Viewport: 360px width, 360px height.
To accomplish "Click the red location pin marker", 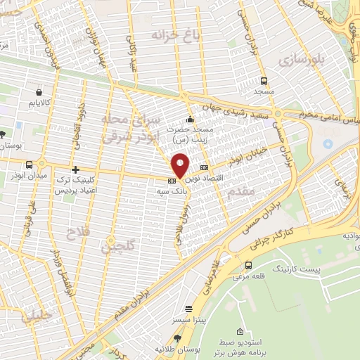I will pyautogui.click(x=180, y=165).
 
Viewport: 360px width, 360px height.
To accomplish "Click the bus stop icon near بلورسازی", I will pyautogui.click(x=264, y=82).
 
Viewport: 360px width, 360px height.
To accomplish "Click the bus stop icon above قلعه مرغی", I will pyautogui.click(x=248, y=265).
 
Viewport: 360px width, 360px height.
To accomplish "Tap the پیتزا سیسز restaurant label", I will pyautogui.click(x=188, y=319).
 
